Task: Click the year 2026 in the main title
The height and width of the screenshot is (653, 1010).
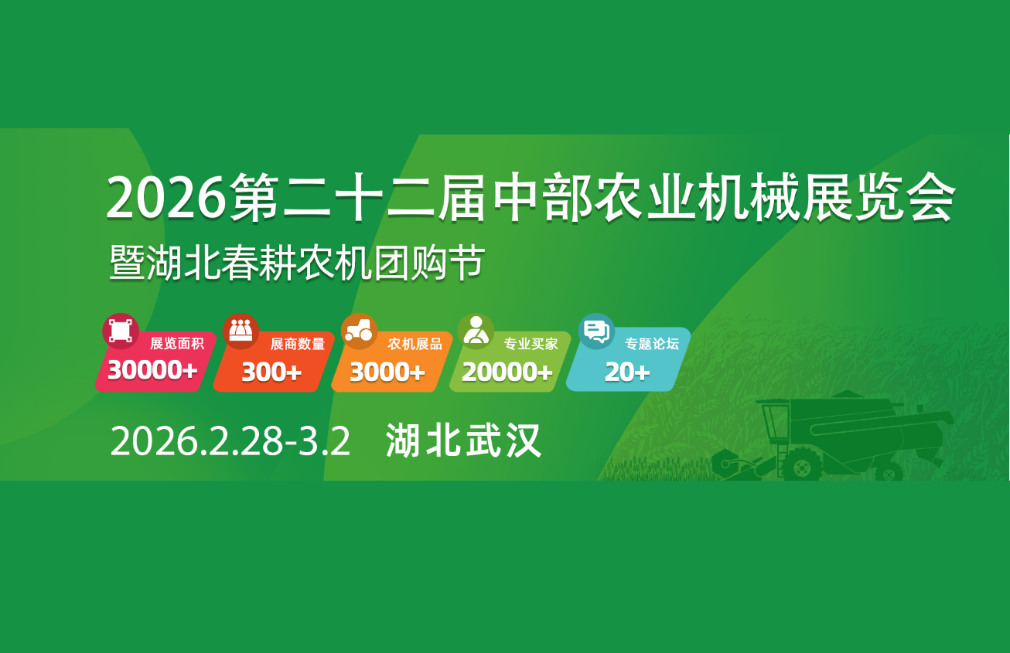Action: (165, 198)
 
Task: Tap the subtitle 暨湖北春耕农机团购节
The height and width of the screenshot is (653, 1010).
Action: (297, 263)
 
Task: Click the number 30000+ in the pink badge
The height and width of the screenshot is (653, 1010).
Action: (152, 370)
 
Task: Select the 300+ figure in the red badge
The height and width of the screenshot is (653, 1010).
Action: (271, 372)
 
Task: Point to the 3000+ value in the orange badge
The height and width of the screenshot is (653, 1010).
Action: (387, 372)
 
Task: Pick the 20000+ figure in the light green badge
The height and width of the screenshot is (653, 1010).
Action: (507, 372)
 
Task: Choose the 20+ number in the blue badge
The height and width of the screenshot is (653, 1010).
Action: (627, 372)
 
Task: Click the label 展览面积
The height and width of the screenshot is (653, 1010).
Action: (177, 343)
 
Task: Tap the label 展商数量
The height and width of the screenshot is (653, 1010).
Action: (298, 344)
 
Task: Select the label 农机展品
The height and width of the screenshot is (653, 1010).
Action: (415, 344)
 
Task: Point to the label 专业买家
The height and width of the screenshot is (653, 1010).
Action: (531, 344)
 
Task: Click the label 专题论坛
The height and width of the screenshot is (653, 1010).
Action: (652, 344)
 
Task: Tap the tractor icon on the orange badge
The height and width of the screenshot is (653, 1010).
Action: (359, 331)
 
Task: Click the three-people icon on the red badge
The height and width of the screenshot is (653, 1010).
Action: (241, 331)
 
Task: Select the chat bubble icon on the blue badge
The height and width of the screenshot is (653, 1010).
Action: (596, 332)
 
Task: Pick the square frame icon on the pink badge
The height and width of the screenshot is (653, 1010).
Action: (121, 331)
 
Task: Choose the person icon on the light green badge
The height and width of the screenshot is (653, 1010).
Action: (476, 331)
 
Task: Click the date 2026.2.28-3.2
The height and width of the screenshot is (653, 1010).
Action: (230, 441)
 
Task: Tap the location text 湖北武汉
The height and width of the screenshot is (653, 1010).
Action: (463, 440)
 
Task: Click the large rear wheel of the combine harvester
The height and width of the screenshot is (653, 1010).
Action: (802, 464)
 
